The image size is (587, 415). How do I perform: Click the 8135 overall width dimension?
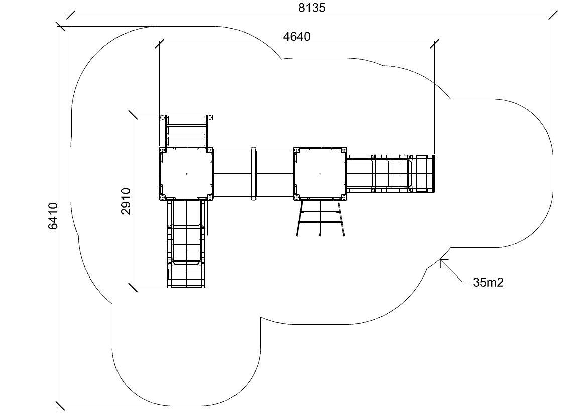(312, 8)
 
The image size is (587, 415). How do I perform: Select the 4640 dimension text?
(297, 36)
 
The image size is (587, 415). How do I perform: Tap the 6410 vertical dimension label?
(53, 216)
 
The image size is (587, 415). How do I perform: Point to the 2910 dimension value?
(126, 201)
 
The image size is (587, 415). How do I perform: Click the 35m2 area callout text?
(488, 282)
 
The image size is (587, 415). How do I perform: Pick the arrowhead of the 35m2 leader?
(442, 261)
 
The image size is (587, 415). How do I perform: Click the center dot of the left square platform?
(186, 174)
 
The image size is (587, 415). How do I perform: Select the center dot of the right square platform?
(320, 174)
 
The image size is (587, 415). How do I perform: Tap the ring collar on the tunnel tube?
(254, 173)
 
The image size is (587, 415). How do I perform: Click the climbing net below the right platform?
(320, 218)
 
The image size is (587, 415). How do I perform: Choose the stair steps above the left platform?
(186, 131)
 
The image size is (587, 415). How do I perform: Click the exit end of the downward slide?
(186, 275)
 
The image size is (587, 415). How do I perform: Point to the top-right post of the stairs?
(210, 117)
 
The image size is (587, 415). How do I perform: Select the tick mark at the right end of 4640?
(435, 44)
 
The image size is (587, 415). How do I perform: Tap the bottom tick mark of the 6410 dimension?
(60, 406)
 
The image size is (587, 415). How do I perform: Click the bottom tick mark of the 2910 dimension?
(133, 288)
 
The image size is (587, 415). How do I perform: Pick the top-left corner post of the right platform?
(296, 150)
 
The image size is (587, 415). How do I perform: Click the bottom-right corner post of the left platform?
(210, 197)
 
